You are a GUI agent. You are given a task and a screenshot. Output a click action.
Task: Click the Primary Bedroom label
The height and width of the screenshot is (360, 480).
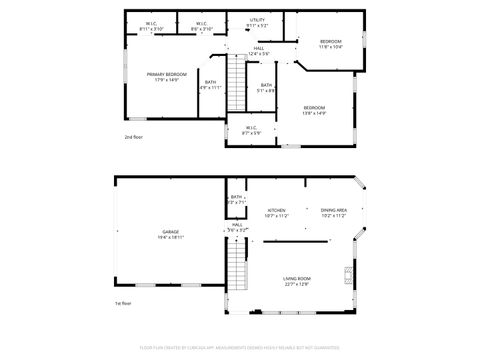167,76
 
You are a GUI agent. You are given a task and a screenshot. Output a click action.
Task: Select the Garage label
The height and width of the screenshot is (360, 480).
171,233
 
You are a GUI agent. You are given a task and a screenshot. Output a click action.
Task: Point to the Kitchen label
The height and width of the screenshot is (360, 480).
276,212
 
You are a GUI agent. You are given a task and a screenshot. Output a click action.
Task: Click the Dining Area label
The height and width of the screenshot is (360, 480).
333,212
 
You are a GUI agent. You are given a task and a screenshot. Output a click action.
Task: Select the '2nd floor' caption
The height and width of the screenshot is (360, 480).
134,136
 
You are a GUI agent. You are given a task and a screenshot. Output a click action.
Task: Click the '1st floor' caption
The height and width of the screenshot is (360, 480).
124,303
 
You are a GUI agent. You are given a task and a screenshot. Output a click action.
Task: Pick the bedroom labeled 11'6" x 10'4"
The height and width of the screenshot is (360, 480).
330,44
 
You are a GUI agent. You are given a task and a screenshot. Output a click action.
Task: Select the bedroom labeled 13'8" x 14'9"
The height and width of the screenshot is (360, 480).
314,109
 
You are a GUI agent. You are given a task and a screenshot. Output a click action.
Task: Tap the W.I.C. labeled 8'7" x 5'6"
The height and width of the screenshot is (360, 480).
250,129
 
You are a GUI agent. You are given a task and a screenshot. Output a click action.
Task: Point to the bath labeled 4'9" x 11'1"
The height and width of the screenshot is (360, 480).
210,84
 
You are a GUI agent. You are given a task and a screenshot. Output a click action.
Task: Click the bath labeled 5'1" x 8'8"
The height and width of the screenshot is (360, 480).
266,87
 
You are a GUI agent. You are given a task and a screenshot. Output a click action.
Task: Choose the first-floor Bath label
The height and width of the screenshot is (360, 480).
236,199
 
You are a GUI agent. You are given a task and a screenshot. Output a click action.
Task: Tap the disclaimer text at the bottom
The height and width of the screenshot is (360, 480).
239,347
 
